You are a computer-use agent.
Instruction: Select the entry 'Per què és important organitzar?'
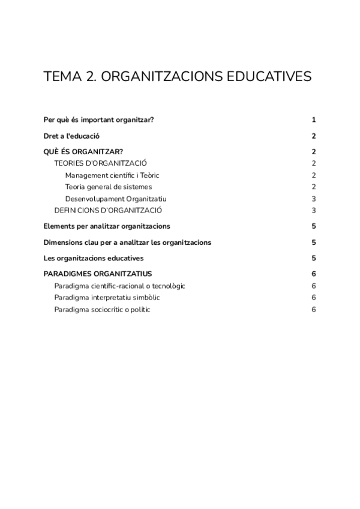point(99,119)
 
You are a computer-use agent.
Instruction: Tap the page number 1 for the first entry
point(314,119)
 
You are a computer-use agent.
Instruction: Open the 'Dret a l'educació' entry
point(71,136)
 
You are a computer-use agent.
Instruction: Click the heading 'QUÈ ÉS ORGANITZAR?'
point(83,152)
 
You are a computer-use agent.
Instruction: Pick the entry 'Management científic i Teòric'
point(112,175)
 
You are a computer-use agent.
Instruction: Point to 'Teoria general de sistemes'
point(109,187)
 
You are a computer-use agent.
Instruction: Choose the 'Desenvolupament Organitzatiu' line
point(116,199)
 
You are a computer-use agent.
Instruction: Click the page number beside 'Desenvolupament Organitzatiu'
point(314,199)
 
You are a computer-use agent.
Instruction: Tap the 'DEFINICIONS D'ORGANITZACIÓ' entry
point(109,210)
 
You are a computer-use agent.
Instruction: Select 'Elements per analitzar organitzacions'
point(107,226)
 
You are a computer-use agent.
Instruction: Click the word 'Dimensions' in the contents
point(63,242)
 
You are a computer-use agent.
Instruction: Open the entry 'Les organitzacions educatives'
point(94,259)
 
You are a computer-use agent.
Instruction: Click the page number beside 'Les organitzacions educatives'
point(314,259)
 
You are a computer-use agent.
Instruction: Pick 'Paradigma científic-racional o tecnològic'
point(120,286)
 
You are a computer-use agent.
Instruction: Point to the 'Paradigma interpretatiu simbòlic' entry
point(107,298)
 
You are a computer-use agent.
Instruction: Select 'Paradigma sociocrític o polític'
point(102,309)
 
